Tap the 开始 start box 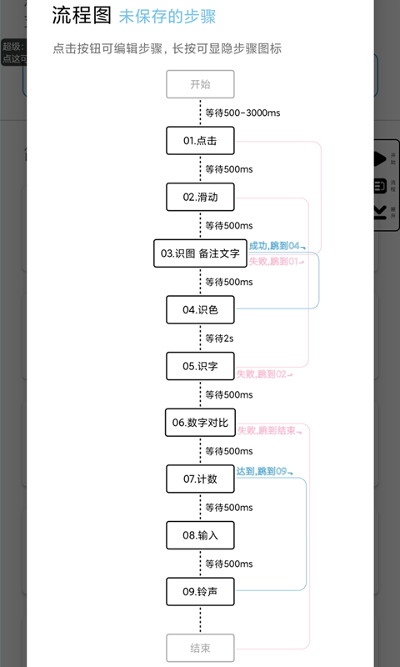click(x=200, y=84)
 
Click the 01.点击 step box click(x=200, y=141)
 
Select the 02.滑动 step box click(x=200, y=198)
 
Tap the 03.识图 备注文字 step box click(x=200, y=253)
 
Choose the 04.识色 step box click(x=200, y=310)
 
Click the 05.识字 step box click(x=200, y=366)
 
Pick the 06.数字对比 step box click(x=200, y=423)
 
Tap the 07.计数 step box click(x=200, y=479)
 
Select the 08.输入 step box click(x=200, y=535)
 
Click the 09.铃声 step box click(x=200, y=591)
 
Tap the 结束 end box click(x=200, y=648)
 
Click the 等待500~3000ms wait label click(x=241, y=113)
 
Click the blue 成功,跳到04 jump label click(x=275, y=246)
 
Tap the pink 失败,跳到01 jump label click(x=275, y=261)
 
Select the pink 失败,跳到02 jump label click(x=263, y=374)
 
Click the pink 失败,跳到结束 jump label click(x=268, y=430)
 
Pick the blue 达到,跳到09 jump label click(x=263, y=472)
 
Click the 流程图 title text click(x=82, y=15)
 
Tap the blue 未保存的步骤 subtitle click(x=167, y=16)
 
